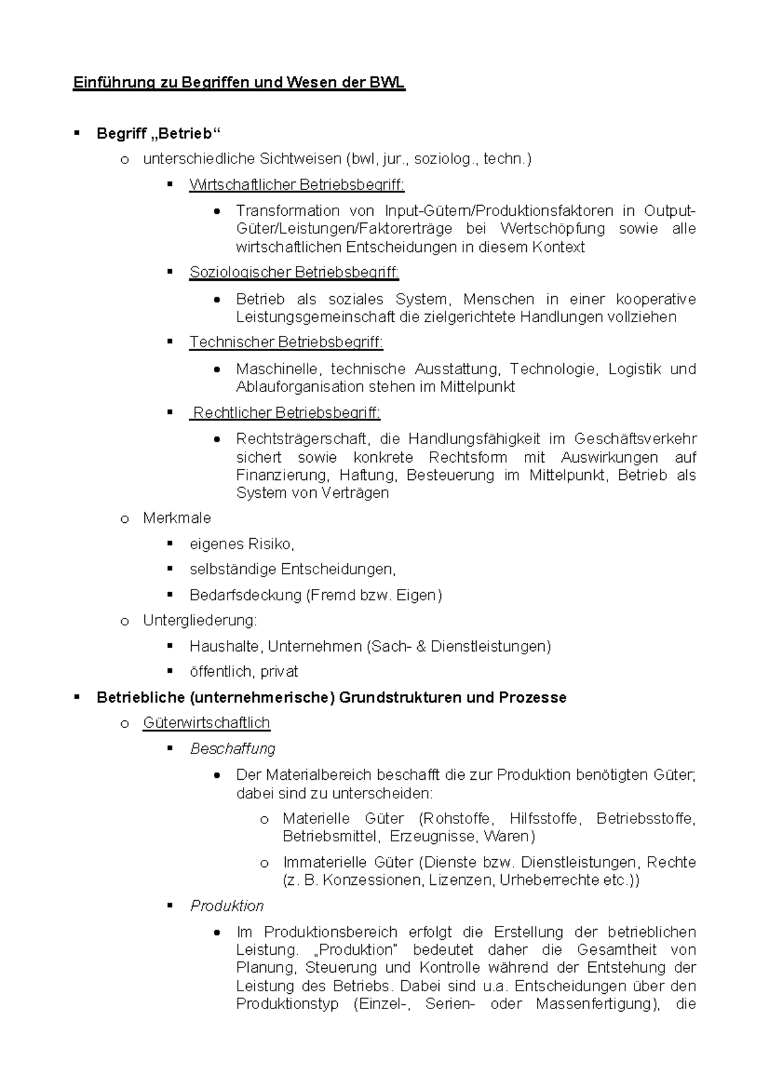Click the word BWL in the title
point(387,83)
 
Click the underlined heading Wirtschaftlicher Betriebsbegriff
point(297,185)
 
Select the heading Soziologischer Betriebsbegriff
point(294,272)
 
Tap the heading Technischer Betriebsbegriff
point(286,342)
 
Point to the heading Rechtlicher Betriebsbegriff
point(286,413)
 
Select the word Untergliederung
point(199,620)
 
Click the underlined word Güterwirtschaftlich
point(206,723)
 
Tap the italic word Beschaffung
point(233,748)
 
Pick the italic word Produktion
point(227,906)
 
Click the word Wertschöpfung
point(552,229)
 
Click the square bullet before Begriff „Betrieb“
point(77,133)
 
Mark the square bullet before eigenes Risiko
point(170,543)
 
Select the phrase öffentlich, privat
point(244,672)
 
